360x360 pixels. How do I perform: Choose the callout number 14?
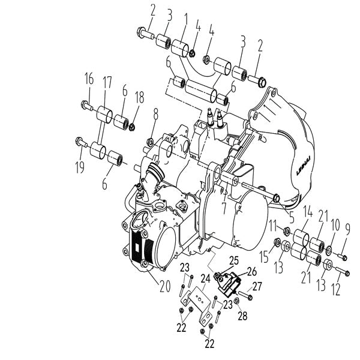(x=308, y=212)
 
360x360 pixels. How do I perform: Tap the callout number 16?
(x=89, y=78)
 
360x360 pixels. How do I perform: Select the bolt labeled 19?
(x=80, y=142)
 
